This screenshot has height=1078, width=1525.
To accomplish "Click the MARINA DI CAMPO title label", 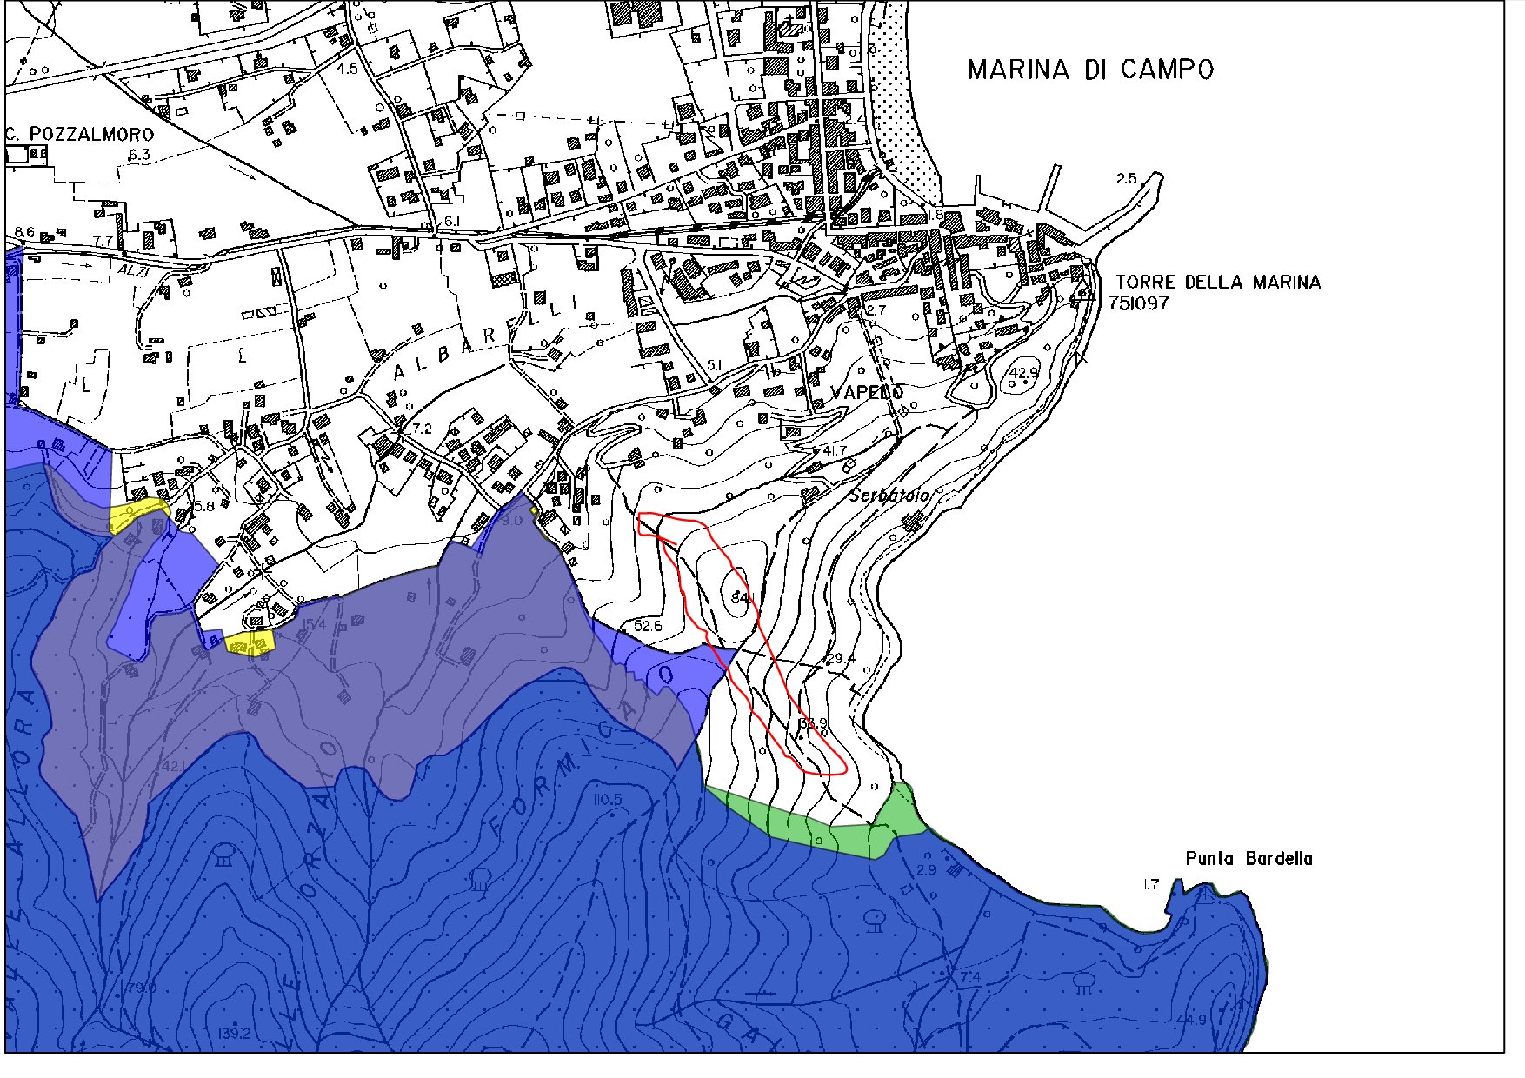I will [x=1090, y=70].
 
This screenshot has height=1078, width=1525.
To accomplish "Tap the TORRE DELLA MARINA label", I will [x=1217, y=282].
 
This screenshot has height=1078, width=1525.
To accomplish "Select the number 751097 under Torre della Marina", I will [x=1138, y=303].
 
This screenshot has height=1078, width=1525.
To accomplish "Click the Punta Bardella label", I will [x=1249, y=859].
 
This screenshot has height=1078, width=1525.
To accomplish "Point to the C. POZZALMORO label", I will [x=79, y=134].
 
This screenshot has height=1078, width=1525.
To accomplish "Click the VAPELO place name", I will [x=868, y=393].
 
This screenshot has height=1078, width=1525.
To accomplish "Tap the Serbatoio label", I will [x=889, y=495].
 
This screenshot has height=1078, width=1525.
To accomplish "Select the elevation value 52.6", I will [x=648, y=625].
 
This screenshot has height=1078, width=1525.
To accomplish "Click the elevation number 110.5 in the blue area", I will [x=608, y=800].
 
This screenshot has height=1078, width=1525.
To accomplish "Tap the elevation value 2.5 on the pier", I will [x=1126, y=179].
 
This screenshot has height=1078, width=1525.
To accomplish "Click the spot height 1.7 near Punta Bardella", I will [x=1150, y=884].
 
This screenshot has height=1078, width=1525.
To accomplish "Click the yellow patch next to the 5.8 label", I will [x=137, y=516].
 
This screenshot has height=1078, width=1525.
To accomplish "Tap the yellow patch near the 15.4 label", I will [x=250, y=642].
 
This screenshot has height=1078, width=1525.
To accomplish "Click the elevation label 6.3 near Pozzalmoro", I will [x=139, y=156].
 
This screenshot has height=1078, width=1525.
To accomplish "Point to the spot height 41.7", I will [x=834, y=450].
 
